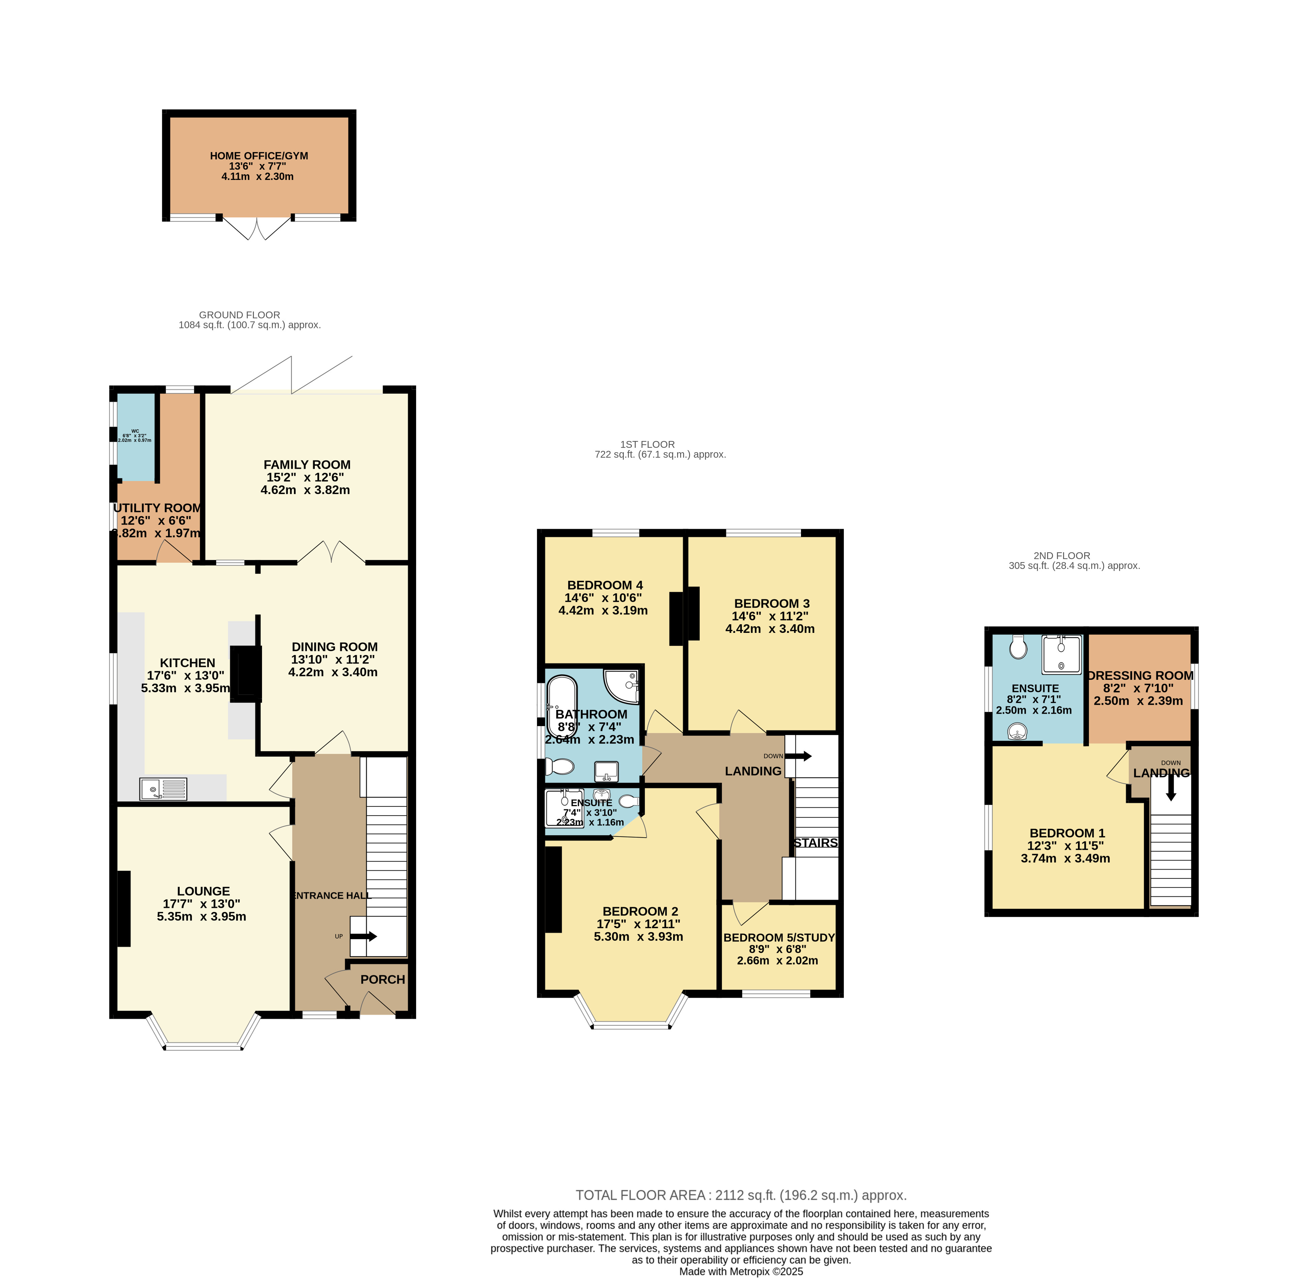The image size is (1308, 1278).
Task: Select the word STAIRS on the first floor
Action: click(x=815, y=843)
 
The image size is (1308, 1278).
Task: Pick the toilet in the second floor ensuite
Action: click(x=1019, y=648)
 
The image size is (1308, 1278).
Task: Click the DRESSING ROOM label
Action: click(x=1140, y=676)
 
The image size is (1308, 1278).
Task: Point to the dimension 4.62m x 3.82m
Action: click(x=305, y=490)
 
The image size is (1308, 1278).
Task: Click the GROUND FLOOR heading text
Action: click(x=240, y=315)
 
